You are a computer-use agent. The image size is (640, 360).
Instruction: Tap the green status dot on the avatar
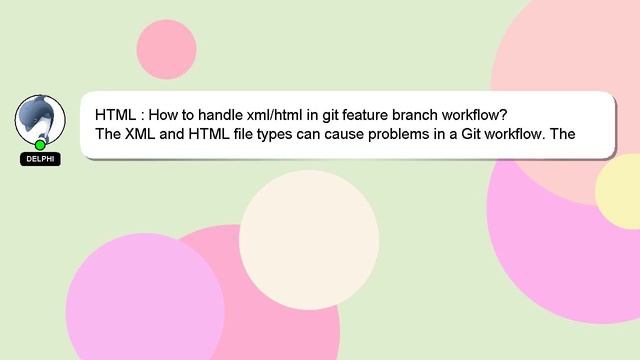[x=40, y=145]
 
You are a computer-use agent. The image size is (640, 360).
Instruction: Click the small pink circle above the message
[x=166, y=49]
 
